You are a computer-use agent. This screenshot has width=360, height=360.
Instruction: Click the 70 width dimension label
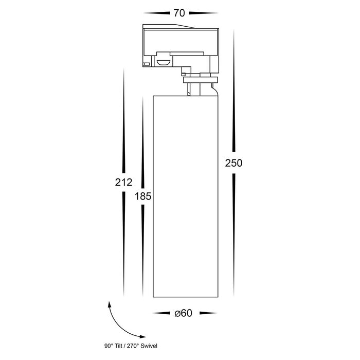[x=179, y=13]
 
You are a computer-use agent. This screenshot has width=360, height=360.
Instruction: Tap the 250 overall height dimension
[x=233, y=163]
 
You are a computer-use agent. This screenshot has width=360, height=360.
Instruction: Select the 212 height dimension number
[x=124, y=182]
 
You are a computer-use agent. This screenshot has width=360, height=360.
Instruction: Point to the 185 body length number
[x=143, y=196]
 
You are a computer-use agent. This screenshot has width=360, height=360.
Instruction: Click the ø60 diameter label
[x=183, y=313]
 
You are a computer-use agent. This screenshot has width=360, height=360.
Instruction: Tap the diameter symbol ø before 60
[x=177, y=313]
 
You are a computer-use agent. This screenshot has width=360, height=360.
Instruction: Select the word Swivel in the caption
[x=149, y=346]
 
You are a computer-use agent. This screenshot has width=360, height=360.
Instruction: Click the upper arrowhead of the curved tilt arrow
[x=110, y=304]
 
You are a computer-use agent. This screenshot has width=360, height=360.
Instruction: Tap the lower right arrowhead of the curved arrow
[x=142, y=337]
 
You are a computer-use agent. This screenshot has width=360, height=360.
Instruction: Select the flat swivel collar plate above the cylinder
[x=200, y=80]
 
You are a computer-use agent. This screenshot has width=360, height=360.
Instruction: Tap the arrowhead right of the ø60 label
[x=208, y=313]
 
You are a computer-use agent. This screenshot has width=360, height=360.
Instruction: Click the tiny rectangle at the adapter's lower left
[x=146, y=64]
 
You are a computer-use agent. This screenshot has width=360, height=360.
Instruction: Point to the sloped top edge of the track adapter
[x=186, y=26]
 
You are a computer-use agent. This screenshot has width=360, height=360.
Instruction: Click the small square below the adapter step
[x=183, y=74]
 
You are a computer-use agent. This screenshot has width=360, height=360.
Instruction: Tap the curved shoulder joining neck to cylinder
[x=214, y=89]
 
